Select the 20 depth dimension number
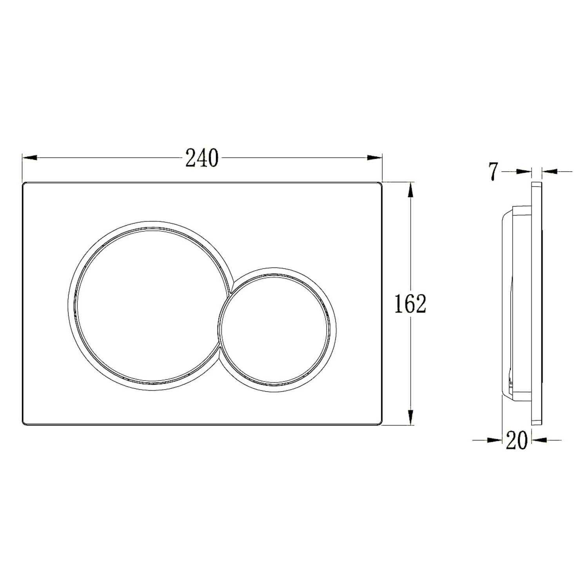516,440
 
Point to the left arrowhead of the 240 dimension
29,158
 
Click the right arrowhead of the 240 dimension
374,158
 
